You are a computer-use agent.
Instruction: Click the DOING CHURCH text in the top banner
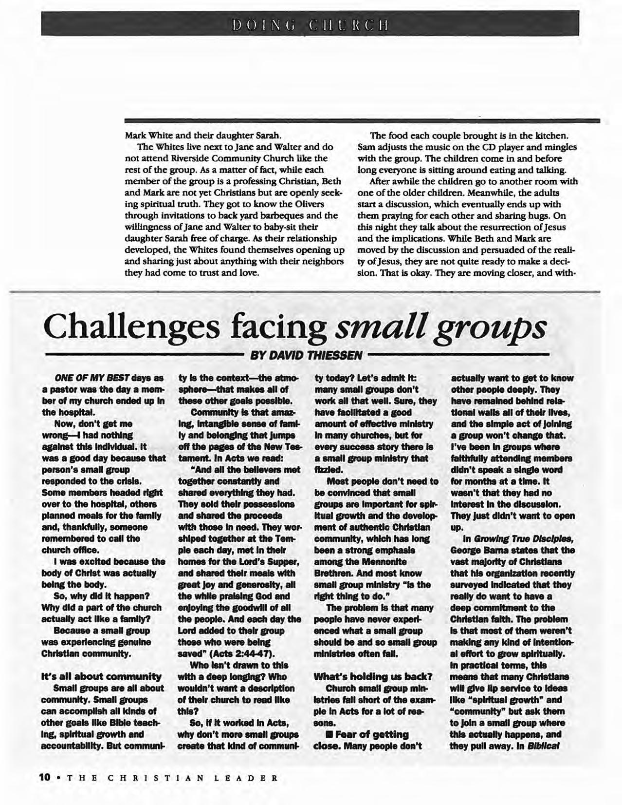310,24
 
